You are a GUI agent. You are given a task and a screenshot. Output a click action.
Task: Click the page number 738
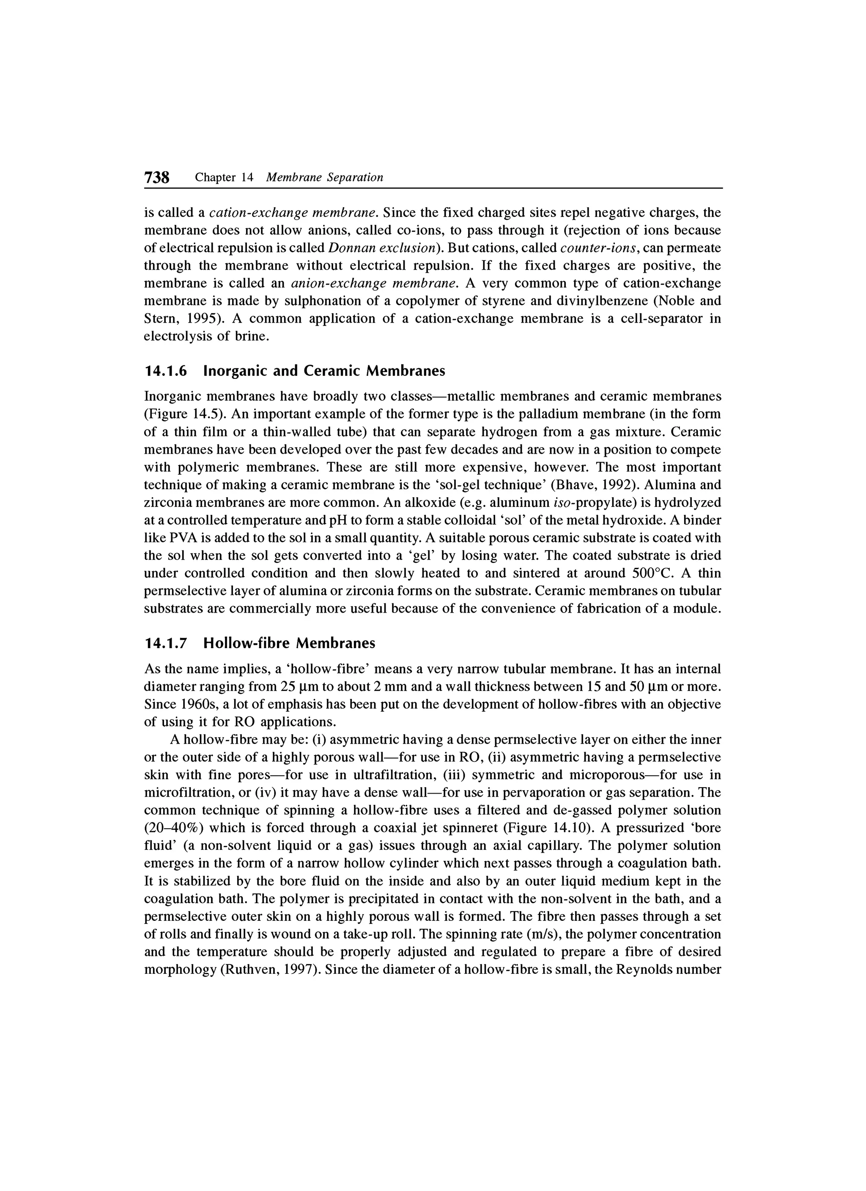156,178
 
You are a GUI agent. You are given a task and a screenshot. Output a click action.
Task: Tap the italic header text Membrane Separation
325,178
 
